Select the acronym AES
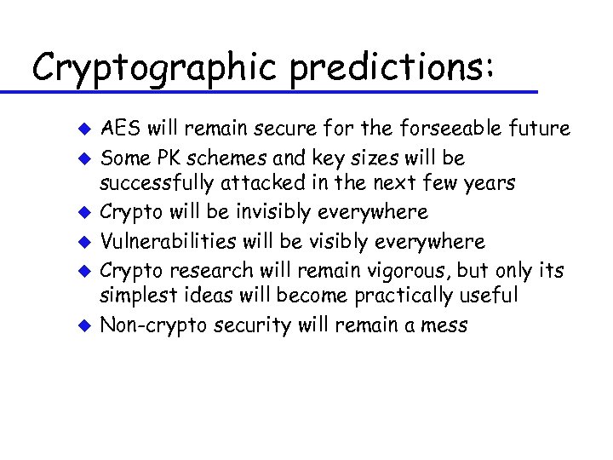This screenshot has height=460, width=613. point(118,129)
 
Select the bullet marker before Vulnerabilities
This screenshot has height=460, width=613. point(83,243)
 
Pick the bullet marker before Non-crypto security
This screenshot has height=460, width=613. point(83,325)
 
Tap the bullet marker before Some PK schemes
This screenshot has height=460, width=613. point(83,159)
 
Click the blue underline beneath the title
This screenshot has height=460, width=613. point(272,90)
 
